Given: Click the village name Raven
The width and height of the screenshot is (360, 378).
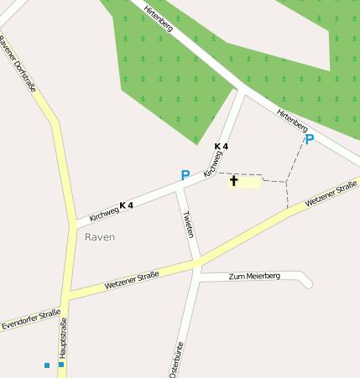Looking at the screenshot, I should pos(100,237).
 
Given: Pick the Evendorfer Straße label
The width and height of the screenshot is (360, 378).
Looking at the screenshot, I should pos(31,319).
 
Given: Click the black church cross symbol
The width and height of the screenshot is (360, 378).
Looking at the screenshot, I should pos(233,180).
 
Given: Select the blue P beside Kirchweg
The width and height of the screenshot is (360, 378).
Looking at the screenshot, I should pos(185,175).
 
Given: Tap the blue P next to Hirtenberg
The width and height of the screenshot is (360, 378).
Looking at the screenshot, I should pos(310,139).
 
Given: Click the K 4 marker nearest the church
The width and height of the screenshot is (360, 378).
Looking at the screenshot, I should pos(221,147).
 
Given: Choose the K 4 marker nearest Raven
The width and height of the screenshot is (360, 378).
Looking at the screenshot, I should pos(127,205).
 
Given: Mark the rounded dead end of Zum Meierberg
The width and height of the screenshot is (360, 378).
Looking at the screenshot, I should pos(307,282).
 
